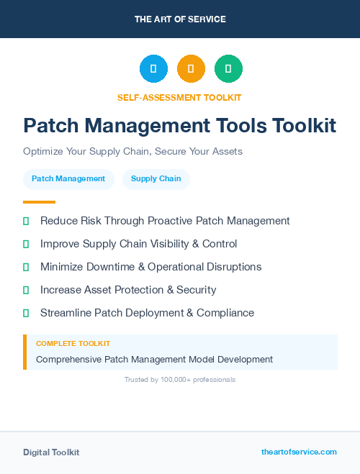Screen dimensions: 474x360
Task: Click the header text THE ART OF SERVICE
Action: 180,19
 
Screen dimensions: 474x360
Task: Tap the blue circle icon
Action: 153,69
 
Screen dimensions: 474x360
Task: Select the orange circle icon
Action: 191,69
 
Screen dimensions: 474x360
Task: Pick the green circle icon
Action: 228,69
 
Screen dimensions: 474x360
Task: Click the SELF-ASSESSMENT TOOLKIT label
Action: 180,97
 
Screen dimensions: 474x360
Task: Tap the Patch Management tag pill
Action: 68,178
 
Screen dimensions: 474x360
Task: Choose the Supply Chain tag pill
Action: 156,178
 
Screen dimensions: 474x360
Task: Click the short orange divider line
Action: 39,202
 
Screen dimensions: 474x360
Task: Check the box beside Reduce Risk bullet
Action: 26,221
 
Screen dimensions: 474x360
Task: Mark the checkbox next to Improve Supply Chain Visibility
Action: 26,244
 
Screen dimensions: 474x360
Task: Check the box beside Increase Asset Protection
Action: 26,290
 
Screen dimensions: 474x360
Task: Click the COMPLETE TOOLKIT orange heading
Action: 73,344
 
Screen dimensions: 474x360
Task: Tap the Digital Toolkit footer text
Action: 51,452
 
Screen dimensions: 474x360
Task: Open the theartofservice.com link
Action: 299,452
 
